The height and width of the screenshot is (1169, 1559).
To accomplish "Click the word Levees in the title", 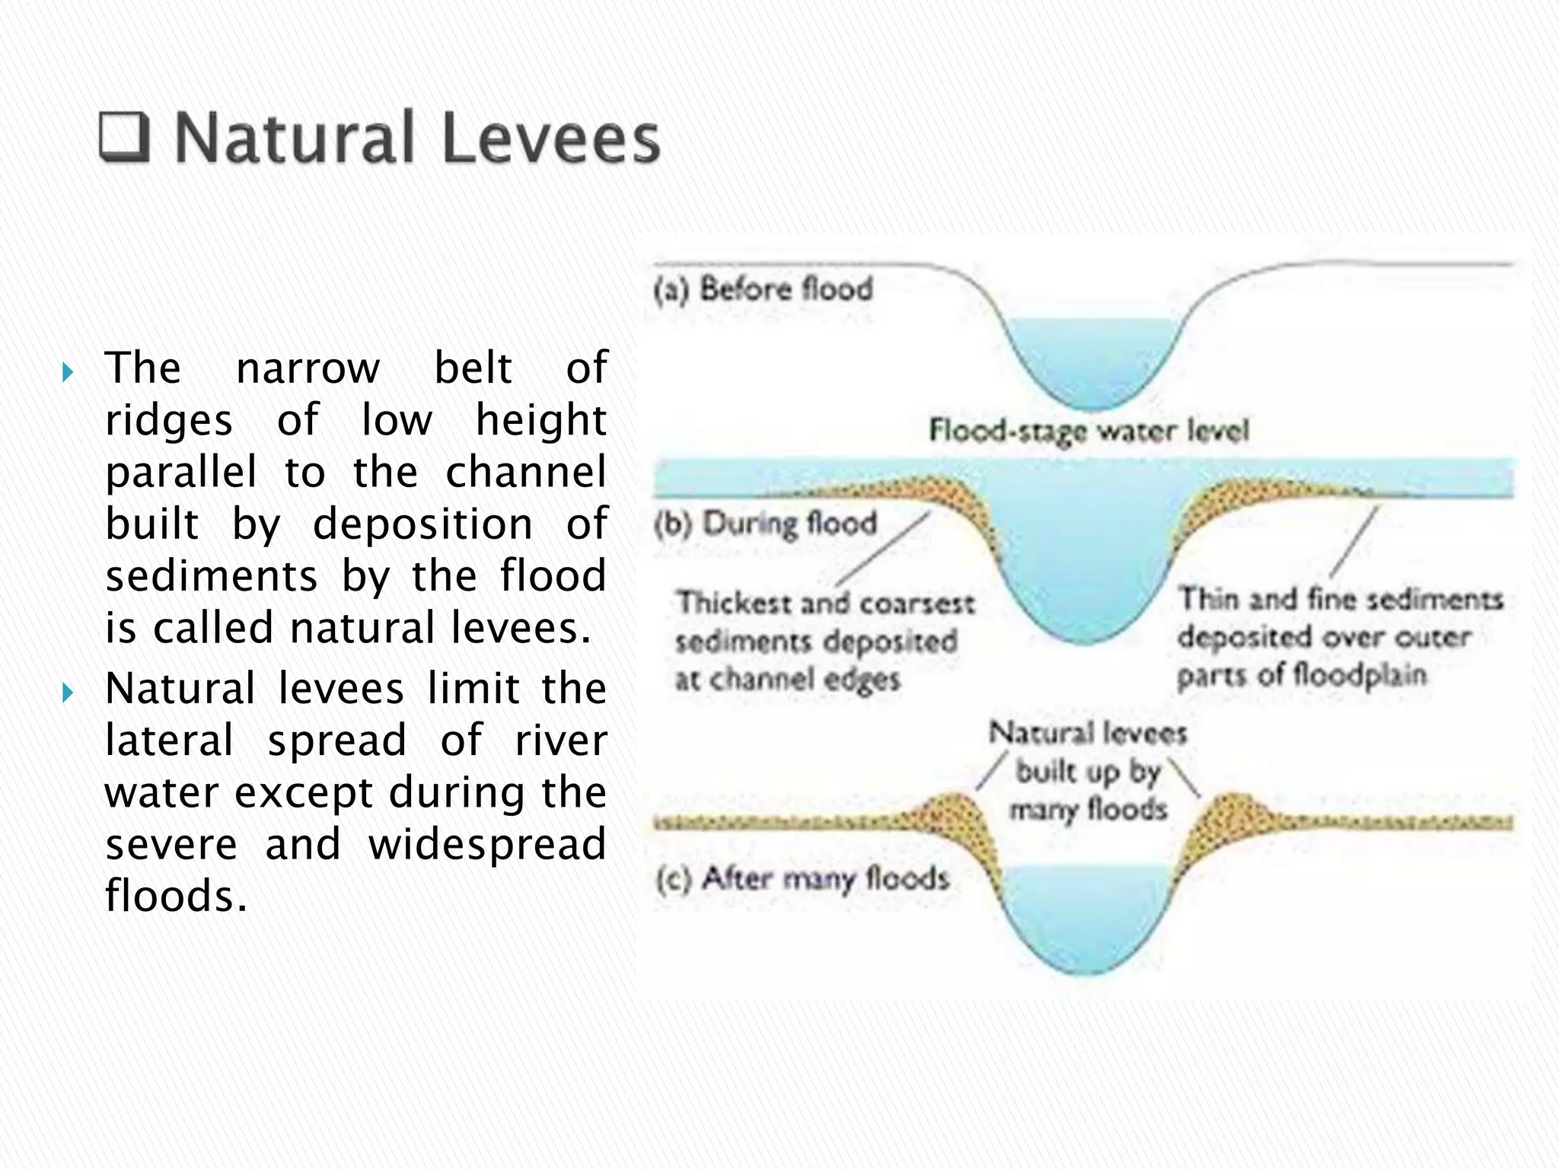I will coord(550,139).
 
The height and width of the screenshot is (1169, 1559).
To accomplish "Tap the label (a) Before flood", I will coord(763,290).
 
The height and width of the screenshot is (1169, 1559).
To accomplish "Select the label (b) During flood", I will coord(766,524).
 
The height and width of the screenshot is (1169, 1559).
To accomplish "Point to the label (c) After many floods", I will coord(802,879).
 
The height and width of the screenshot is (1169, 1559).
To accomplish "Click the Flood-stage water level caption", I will coord(1089,431).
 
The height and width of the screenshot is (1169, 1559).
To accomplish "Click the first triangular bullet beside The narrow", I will coord(68,372).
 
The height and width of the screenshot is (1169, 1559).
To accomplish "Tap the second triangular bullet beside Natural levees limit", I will coord(68,693).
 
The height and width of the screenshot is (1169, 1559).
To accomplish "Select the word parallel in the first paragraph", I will coord(181,473).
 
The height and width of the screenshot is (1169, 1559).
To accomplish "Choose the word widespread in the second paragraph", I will coord(487,844).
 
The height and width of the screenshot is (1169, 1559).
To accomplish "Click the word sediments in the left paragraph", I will coord(211,576).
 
